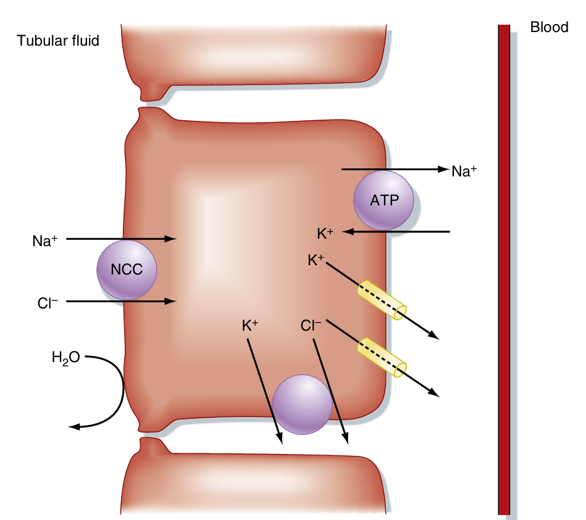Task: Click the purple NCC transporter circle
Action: coord(127,270)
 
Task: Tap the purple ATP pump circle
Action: coord(383,200)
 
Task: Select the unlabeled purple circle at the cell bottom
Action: coord(301,405)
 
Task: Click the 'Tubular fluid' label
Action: coord(58,41)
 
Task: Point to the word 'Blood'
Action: coord(549,28)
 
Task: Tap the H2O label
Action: coord(66,357)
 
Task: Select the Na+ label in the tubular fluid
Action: coord(45,241)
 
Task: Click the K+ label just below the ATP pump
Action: coord(325,234)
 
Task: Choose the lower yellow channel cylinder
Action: coord(382,356)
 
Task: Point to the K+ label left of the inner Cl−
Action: coord(251,326)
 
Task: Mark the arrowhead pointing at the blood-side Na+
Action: coord(442,169)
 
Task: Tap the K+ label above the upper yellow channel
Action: coord(316,260)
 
